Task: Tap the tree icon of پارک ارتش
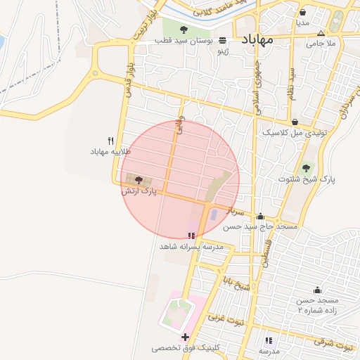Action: pyautogui.click(x=138, y=181)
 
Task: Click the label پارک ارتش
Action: pyautogui.click(x=138, y=191)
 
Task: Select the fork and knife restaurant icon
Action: pyautogui.click(x=110, y=141)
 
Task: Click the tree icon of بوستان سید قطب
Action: pyautogui.click(x=184, y=30)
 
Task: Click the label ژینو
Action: pyautogui.click(x=223, y=51)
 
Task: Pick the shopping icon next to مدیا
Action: pyautogui.click(x=302, y=12)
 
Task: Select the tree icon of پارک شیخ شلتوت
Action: pyautogui.click(x=305, y=167)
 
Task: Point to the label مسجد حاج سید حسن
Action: pyautogui.click(x=261, y=227)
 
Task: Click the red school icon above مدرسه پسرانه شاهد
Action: pyautogui.click(x=192, y=236)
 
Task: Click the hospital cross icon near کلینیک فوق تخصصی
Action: pyautogui.click(x=185, y=337)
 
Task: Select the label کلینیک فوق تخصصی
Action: pyautogui.click(x=186, y=348)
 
